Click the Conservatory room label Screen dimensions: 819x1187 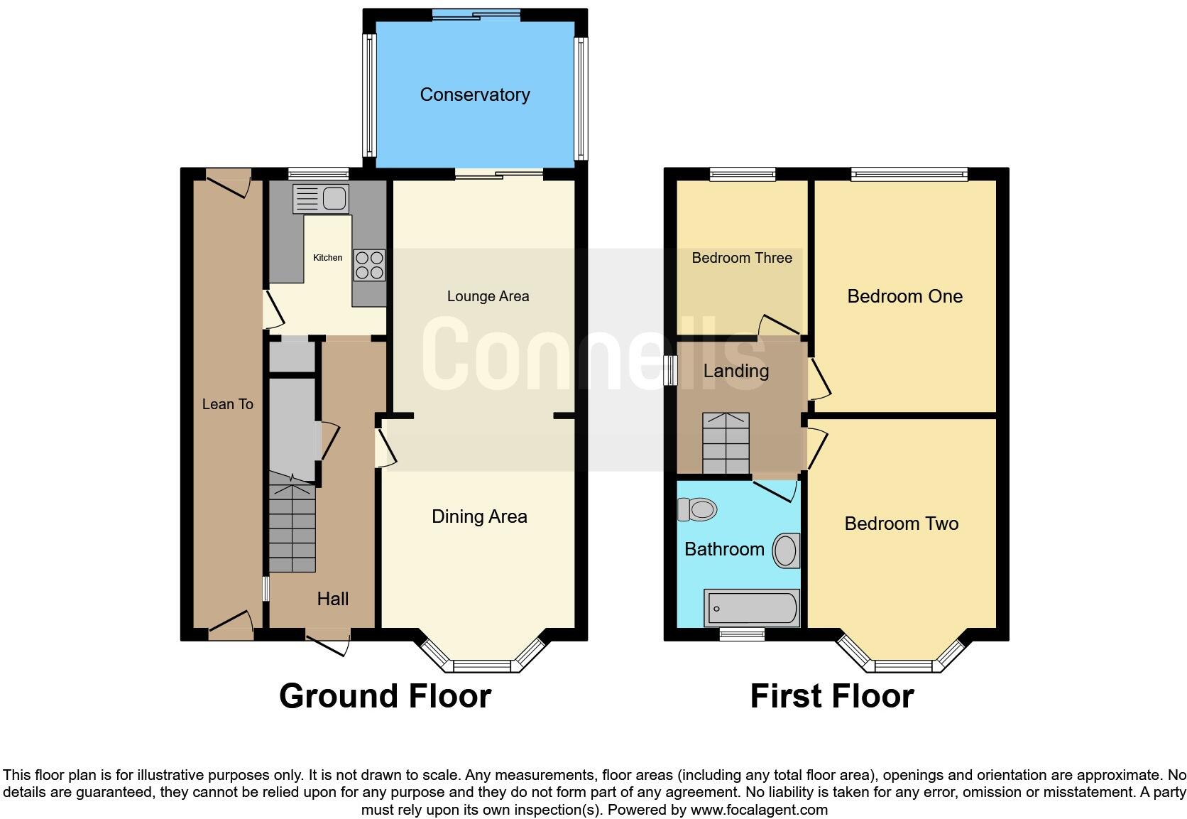point(474,94)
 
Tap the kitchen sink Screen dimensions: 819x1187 point(321,198)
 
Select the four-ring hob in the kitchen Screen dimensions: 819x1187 point(369,265)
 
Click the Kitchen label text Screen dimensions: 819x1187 point(327,258)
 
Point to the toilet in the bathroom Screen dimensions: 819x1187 point(696,509)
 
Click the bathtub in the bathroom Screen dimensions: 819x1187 point(751,609)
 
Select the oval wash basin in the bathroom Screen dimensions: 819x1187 point(785,550)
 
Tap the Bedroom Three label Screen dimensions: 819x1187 point(741,258)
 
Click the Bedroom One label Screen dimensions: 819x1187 point(904,296)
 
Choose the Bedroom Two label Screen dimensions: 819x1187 point(901,524)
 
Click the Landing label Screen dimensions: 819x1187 point(735,371)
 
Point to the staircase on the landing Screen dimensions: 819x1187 point(726,443)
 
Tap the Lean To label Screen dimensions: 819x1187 point(227,404)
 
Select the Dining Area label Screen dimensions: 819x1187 point(479,516)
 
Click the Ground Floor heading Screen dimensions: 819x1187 point(385,696)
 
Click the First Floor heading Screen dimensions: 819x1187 point(831,696)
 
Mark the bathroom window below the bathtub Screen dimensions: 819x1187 point(741,634)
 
